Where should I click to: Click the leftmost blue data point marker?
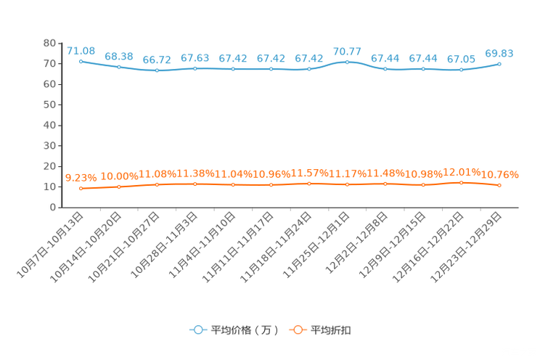click(x=81, y=61)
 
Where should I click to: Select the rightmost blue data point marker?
click(x=499, y=64)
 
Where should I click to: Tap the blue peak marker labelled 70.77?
click(x=347, y=62)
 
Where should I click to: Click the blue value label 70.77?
click(x=347, y=51)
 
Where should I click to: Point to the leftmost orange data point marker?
click(x=81, y=189)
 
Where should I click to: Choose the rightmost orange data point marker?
click(x=499, y=186)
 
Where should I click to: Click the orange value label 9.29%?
click(x=81, y=176)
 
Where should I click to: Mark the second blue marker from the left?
click(x=119, y=67)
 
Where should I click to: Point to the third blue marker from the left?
click(x=157, y=70)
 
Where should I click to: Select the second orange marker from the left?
click(x=119, y=187)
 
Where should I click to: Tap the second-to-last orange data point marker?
click(x=462, y=183)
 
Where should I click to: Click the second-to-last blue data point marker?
click(x=462, y=70)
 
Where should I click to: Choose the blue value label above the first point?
click(x=81, y=50)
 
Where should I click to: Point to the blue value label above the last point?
click(x=499, y=53)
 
